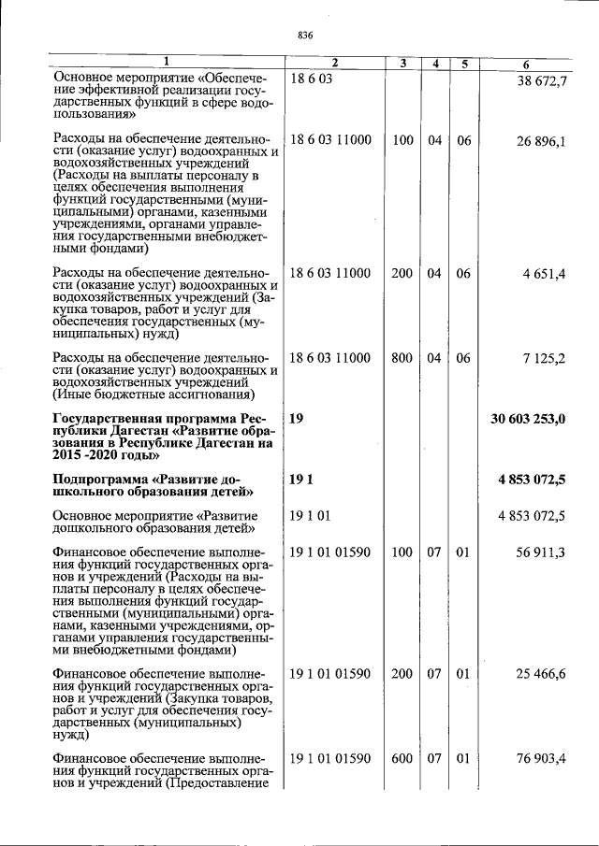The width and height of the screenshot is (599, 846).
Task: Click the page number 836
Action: (304, 36)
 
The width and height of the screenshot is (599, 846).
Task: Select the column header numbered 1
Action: (166, 63)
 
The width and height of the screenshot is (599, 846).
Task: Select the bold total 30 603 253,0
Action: (528, 419)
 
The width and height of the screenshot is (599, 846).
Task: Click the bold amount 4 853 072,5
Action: (532, 480)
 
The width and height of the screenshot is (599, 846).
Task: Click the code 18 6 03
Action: (312, 80)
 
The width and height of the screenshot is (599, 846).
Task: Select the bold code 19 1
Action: (300, 480)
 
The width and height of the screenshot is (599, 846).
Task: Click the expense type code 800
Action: (402, 358)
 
